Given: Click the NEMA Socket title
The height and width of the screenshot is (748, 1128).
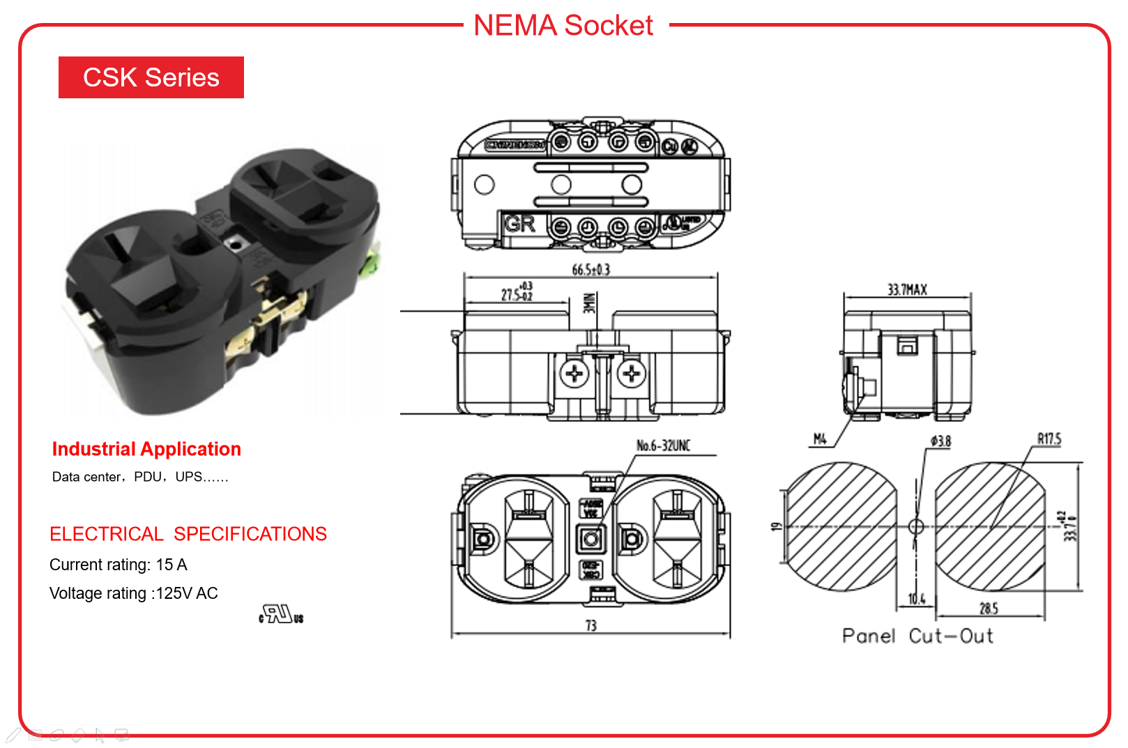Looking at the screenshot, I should click(x=563, y=26).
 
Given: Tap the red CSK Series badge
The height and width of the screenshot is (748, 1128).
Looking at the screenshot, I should click(x=151, y=77).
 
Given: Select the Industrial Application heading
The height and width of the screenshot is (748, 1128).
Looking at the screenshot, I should click(x=146, y=449).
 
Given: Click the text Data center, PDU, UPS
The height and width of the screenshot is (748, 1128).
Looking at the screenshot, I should click(x=139, y=477).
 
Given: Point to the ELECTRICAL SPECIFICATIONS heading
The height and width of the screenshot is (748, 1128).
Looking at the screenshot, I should click(x=188, y=534).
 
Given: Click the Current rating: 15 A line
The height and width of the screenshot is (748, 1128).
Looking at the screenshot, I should click(x=119, y=565).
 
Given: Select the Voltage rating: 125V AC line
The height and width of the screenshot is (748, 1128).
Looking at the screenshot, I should click(x=134, y=593).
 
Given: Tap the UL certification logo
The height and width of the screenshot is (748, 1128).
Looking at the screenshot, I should click(x=281, y=615).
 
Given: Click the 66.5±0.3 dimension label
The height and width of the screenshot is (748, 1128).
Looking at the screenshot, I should click(x=590, y=270).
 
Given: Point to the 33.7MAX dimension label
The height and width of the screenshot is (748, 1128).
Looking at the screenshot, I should click(x=906, y=290).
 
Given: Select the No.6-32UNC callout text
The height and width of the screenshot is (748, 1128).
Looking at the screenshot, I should click(x=663, y=445).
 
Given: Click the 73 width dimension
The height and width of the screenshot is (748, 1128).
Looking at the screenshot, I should click(x=590, y=626).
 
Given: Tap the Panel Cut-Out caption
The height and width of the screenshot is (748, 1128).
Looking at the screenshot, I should click(x=917, y=636).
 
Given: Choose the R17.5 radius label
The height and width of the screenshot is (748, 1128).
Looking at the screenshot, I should click(x=1049, y=439).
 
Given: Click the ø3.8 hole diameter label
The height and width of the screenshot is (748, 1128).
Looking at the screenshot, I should click(x=940, y=441).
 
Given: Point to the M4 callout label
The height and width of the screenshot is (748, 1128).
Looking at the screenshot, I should click(x=820, y=439).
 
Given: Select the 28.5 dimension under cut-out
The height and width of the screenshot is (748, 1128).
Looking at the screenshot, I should click(x=989, y=609).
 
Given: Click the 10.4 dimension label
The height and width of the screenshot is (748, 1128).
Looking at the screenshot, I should click(x=916, y=599).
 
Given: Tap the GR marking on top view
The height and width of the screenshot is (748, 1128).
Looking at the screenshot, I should click(x=519, y=224).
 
